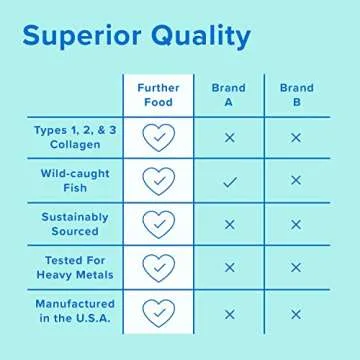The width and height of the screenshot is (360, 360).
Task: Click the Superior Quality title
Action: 136,37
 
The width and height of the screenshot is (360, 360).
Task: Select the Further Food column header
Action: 157,95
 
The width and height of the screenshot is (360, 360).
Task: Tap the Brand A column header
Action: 228,95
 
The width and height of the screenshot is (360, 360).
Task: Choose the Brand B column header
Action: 295,95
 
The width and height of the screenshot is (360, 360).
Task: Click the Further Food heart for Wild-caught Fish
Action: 157,180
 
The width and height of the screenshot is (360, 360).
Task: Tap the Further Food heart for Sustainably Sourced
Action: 157,224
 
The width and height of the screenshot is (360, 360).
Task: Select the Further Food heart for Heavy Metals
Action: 157,268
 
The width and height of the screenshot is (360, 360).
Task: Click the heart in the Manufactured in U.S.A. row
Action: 157,312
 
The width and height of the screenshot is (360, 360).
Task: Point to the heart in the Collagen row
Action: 157,137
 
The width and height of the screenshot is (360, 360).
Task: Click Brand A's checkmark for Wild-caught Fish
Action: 229,180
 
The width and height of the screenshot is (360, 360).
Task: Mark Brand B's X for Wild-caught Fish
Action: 295,180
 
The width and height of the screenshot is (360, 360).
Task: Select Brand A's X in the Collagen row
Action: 229,137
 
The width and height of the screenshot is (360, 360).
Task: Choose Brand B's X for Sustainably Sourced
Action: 295,224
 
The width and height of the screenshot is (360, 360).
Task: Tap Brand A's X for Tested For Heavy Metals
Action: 229,268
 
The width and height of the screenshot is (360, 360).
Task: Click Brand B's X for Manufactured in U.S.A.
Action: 295,313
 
